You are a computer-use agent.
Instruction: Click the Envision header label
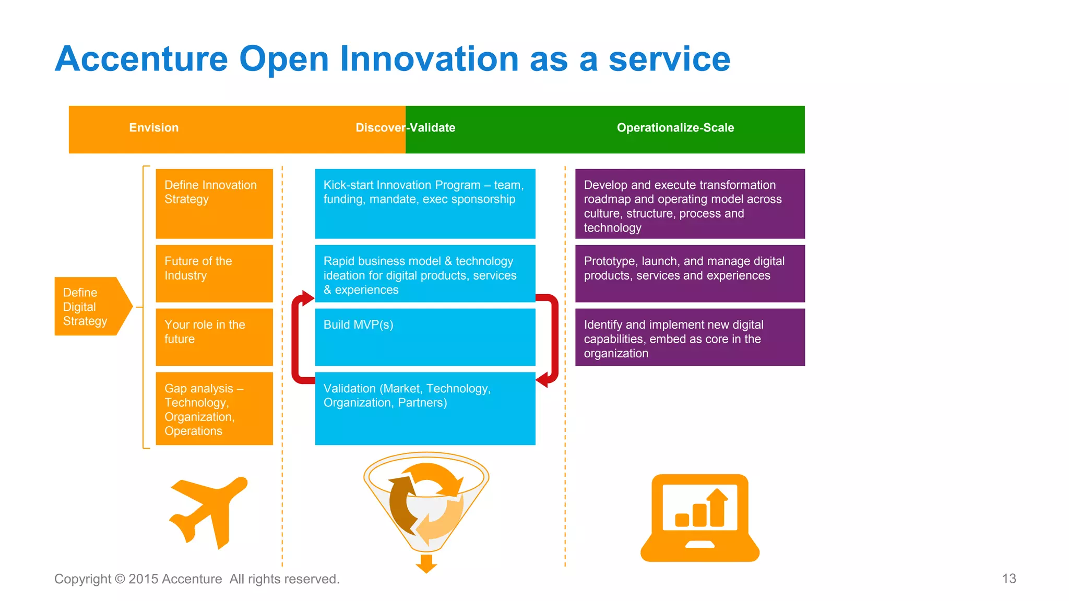pyautogui.click(x=153, y=128)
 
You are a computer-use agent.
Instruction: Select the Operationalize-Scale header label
pyautogui.click(x=675, y=128)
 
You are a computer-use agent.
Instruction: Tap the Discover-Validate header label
pyautogui.click(x=405, y=128)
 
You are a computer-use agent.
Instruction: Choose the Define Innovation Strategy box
pyautogui.click(x=214, y=203)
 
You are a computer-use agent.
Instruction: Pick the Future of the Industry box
pyautogui.click(x=214, y=273)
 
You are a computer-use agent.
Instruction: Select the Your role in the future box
pyautogui.click(x=214, y=337)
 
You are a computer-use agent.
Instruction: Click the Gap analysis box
pyautogui.click(x=214, y=408)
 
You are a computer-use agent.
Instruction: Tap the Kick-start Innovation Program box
pyautogui.click(x=425, y=203)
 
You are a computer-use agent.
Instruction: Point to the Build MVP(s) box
pyautogui.click(x=425, y=337)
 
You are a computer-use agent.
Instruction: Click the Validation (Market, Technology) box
pyautogui.click(x=425, y=408)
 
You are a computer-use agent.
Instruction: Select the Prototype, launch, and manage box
pyautogui.click(x=690, y=273)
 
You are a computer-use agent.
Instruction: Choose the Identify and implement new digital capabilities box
pyautogui.click(x=690, y=337)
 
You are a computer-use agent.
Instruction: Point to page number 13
pyautogui.click(x=1008, y=579)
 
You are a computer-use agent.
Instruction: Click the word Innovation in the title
pyautogui.click(x=429, y=58)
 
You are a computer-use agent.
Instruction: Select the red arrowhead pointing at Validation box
pyautogui.click(x=543, y=379)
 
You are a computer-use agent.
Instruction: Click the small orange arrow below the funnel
pyautogui.click(x=426, y=564)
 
